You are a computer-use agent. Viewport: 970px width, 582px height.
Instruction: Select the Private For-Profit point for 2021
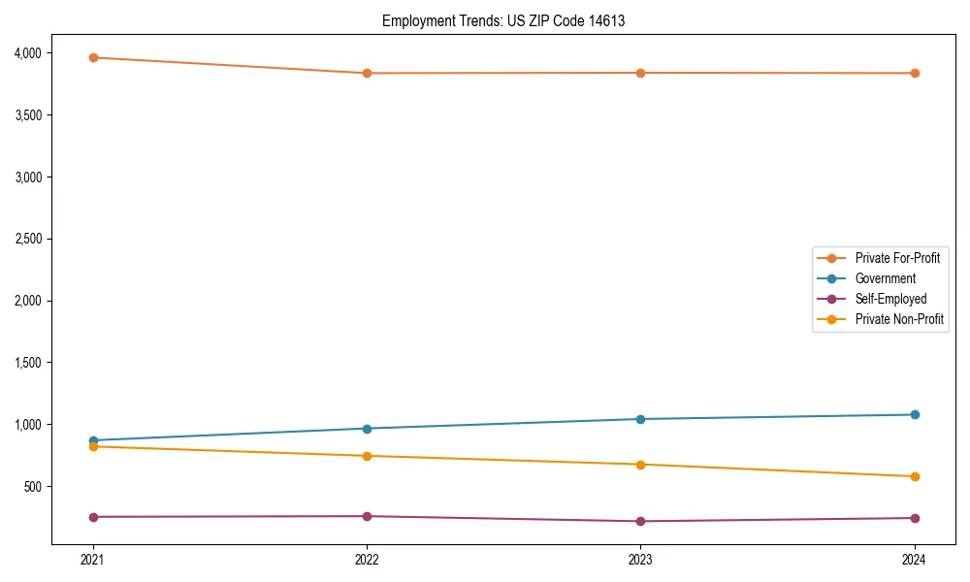coord(93,57)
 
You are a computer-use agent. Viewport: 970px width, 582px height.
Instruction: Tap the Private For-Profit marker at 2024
coord(914,74)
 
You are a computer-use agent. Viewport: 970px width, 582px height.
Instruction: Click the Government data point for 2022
coord(367,429)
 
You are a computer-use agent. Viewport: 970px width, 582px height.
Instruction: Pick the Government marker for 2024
coord(914,415)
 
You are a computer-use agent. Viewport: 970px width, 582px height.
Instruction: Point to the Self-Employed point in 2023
coord(640,522)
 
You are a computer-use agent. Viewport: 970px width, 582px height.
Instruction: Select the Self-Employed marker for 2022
coord(367,516)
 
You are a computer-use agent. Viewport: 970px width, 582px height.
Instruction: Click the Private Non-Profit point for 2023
coord(640,465)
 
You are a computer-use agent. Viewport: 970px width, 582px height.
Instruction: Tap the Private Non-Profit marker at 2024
coord(914,476)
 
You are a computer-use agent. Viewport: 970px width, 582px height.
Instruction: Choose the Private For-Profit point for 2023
coord(640,73)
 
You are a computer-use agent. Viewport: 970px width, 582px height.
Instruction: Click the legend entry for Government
coord(885,278)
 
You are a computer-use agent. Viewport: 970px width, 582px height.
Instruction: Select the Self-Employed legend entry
coord(890,299)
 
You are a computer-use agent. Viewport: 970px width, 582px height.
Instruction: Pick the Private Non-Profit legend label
coord(899,319)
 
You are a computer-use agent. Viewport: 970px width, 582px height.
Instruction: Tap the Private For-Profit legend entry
coord(897,258)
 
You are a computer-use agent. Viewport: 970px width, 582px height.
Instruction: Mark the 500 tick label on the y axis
coord(43,487)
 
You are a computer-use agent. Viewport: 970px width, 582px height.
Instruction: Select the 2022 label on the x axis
coord(367,559)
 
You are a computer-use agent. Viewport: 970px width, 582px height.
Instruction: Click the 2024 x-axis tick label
coord(914,559)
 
